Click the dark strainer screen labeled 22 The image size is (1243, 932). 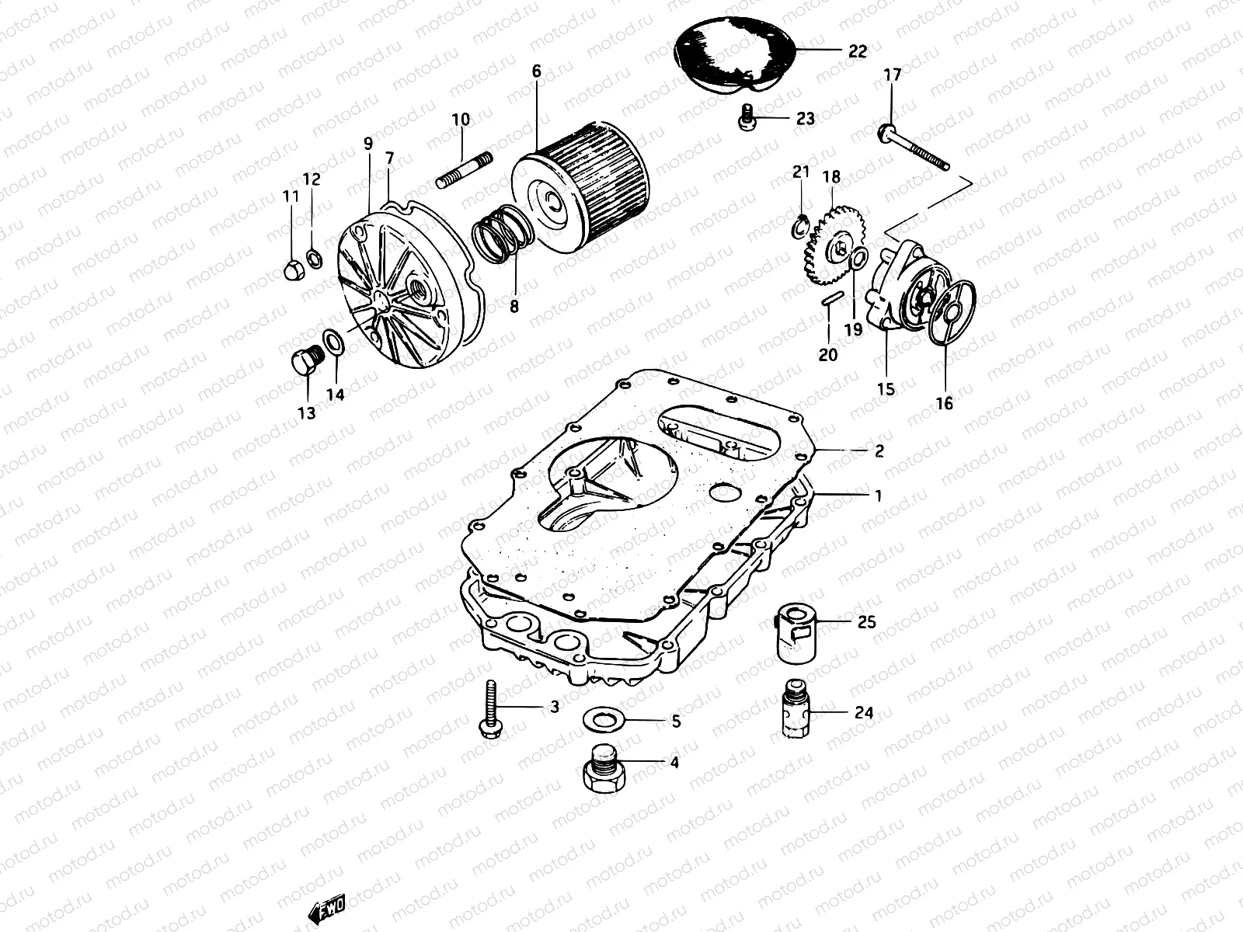tap(730, 48)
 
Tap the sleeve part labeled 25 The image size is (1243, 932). tap(795, 635)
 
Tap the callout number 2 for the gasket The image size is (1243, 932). tap(879, 451)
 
